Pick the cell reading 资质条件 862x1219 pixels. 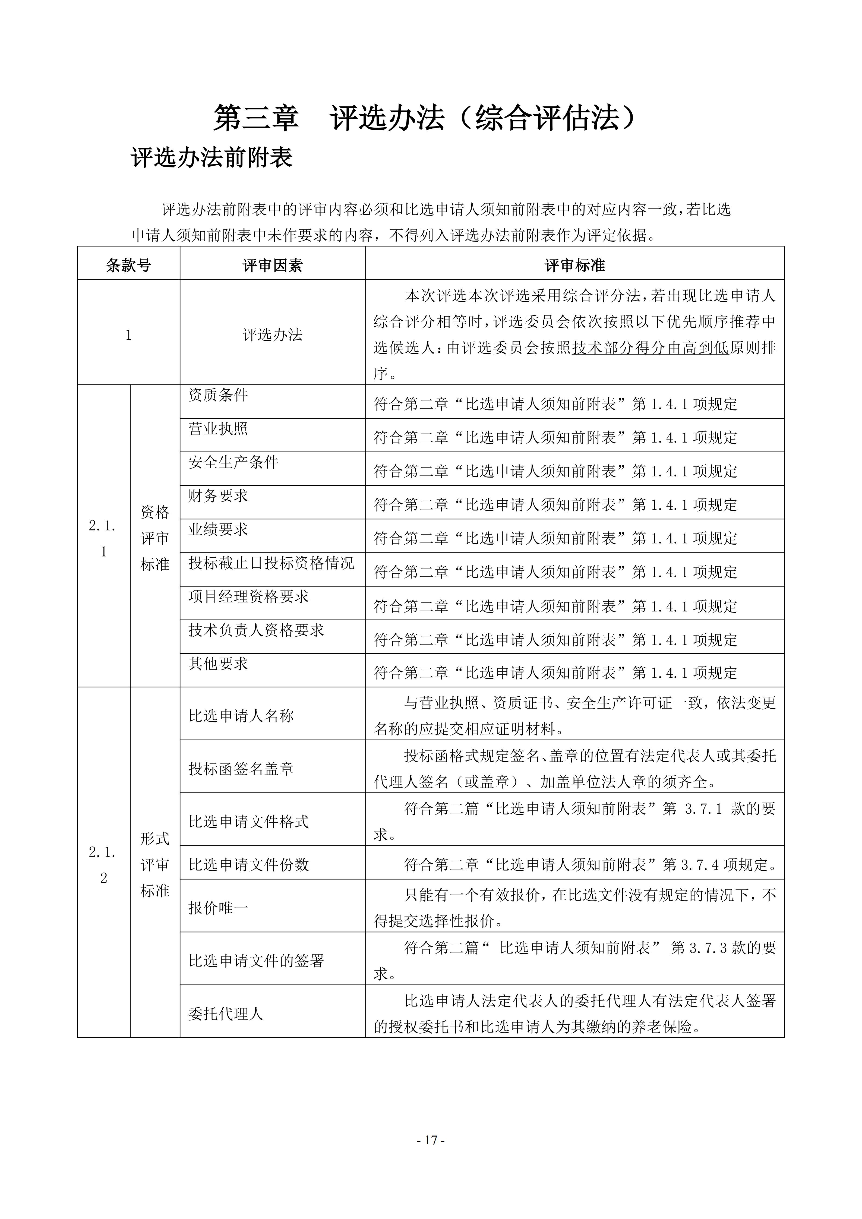click(218, 395)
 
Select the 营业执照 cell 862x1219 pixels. click(218, 428)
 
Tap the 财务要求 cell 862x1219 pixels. click(218, 495)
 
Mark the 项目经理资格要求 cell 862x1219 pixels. click(248, 596)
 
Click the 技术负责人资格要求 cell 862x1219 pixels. click(256, 630)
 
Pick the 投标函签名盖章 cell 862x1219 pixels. click(241, 769)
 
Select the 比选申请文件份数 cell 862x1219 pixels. click(248, 865)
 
